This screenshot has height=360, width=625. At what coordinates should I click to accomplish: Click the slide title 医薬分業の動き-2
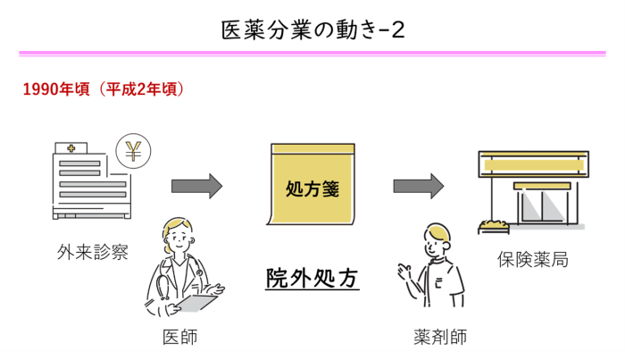pyautogui.click(x=312, y=29)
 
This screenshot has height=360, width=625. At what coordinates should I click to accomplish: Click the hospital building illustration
pyautogui.click(x=90, y=183)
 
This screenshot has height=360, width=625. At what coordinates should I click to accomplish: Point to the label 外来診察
pyautogui.click(x=92, y=252)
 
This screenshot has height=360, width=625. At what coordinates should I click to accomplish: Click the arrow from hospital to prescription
pyautogui.click(x=196, y=186)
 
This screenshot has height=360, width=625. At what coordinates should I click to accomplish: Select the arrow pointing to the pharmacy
pyautogui.click(x=418, y=186)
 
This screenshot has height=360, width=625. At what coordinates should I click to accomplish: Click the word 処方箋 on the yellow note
pyautogui.click(x=312, y=189)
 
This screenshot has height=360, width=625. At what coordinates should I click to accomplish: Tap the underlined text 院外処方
pyautogui.click(x=312, y=279)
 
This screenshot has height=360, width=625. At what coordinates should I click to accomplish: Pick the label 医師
pyautogui.click(x=179, y=337)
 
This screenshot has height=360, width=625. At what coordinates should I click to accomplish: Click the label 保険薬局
pyautogui.click(x=532, y=260)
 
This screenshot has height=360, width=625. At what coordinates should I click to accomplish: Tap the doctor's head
pyautogui.click(x=177, y=235)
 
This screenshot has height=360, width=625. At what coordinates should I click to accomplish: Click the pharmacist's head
pyautogui.click(x=437, y=239)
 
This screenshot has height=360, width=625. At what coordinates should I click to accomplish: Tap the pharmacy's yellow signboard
pyautogui.click(x=532, y=165)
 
